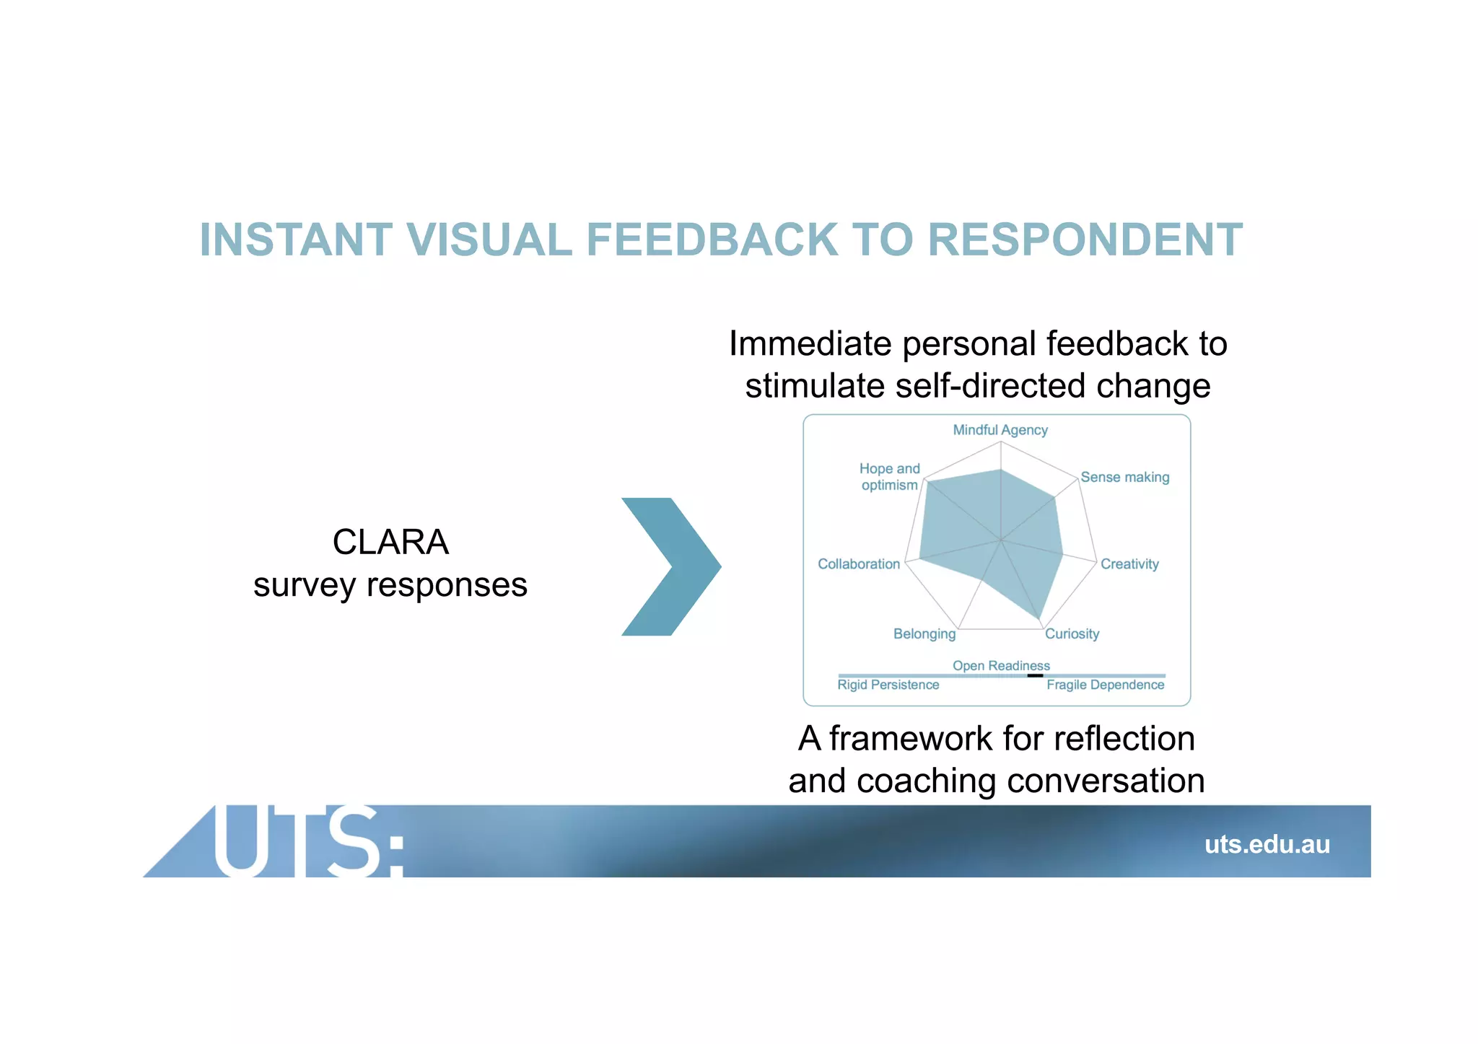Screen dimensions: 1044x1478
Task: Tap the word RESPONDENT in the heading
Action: click(1085, 240)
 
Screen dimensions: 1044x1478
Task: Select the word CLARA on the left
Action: click(390, 542)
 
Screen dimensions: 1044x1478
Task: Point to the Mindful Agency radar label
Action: click(1000, 430)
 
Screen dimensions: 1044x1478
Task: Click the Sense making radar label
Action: click(1124, 477)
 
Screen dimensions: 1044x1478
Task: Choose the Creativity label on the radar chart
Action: click(1129, 564)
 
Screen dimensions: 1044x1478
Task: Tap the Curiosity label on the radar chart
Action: click(1072, 634)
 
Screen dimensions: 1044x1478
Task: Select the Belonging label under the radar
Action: click(924, 634)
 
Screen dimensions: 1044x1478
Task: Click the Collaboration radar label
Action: click(859, 564)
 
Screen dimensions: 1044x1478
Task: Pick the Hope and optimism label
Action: click(890, 477)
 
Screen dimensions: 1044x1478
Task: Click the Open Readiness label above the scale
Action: click(1001, 665)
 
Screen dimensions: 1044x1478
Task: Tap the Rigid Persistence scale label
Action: click(888, 685)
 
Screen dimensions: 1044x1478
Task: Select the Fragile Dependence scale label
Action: click(1105, 685)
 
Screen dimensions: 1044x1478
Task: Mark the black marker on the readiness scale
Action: click(1035, 675)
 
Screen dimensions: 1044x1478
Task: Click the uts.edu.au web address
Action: click(1267, 844)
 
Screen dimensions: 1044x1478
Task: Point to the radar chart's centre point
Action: click(1001, 540)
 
